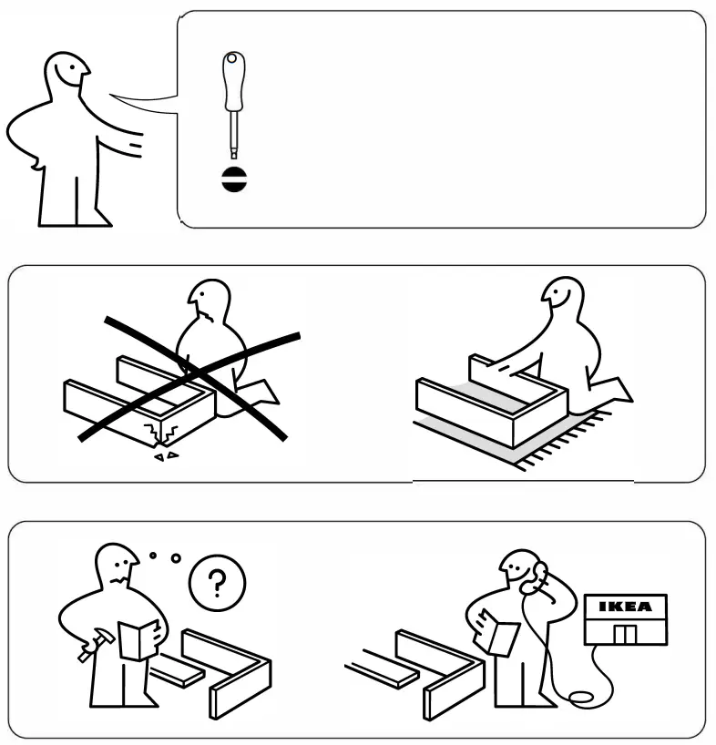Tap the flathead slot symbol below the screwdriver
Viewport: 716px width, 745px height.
pos(233,179)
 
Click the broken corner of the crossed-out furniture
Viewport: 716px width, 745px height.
pos(160,429)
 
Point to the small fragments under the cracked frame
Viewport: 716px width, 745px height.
pos(165,453)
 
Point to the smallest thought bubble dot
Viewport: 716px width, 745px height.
pos(154,553)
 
